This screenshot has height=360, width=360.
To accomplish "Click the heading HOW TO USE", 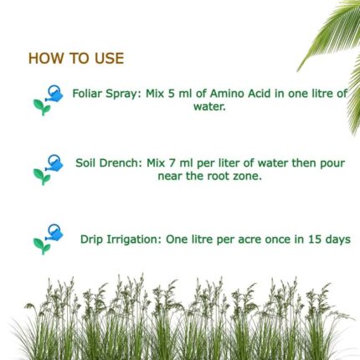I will click(x=76, y=59).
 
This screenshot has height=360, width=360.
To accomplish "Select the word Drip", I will click(x=92, y=239).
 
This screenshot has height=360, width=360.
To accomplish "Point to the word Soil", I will click(x=86, y=162).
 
